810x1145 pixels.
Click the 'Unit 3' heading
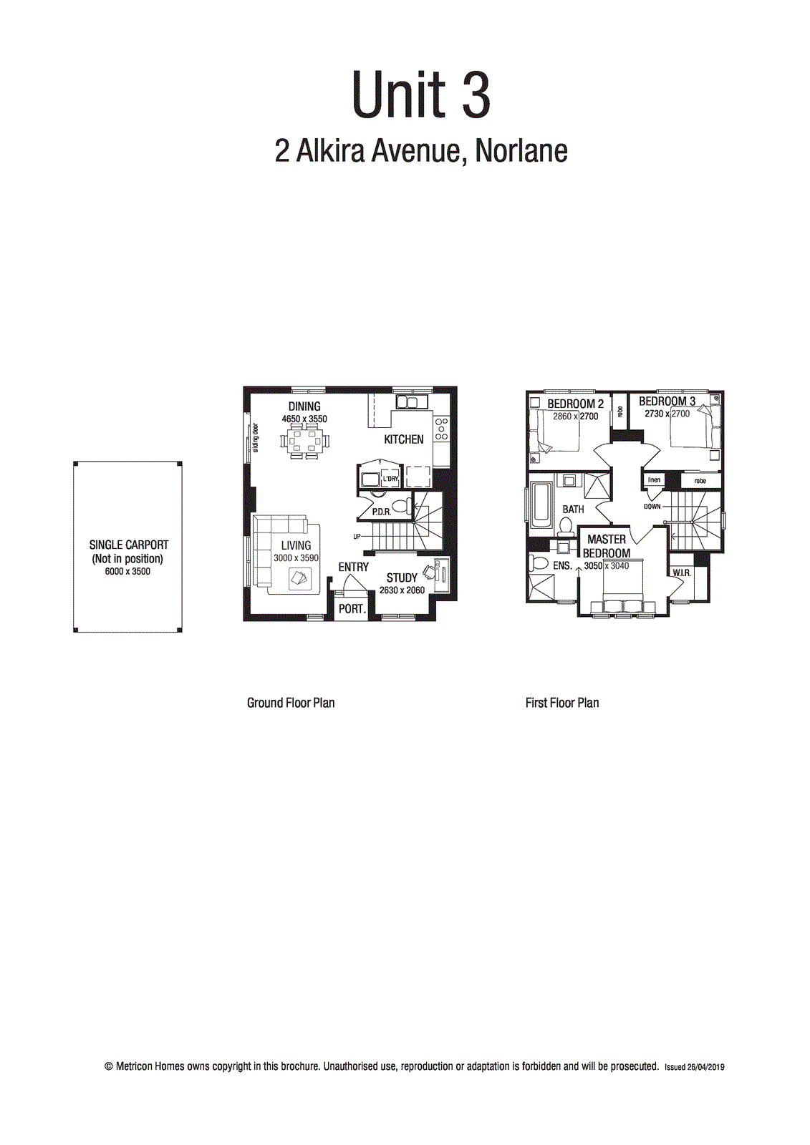tap(421, 95)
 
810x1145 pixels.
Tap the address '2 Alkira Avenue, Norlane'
tap(421, 150)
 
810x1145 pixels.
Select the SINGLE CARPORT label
tap(128, 545)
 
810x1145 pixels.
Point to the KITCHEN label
tap(404, 439)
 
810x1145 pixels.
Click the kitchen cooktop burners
tap(442, 429)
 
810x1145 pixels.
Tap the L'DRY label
tap(390, 479)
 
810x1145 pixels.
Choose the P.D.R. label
tap(381, 512)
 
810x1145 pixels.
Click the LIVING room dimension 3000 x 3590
tap(296, 558)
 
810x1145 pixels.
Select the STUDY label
tap(402, 578)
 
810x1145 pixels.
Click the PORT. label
tap(352, 609)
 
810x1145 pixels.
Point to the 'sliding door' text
tap(256, 438)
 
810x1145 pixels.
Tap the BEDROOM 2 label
tap(575, 404)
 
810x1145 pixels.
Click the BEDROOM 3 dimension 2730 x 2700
tap(667, 414)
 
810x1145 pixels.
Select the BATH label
tap(573, 510)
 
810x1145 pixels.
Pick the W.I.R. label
tap(681, 573)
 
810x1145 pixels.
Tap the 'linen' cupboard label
tap(654, 479)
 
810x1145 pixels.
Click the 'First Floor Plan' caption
tap(562, 703)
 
